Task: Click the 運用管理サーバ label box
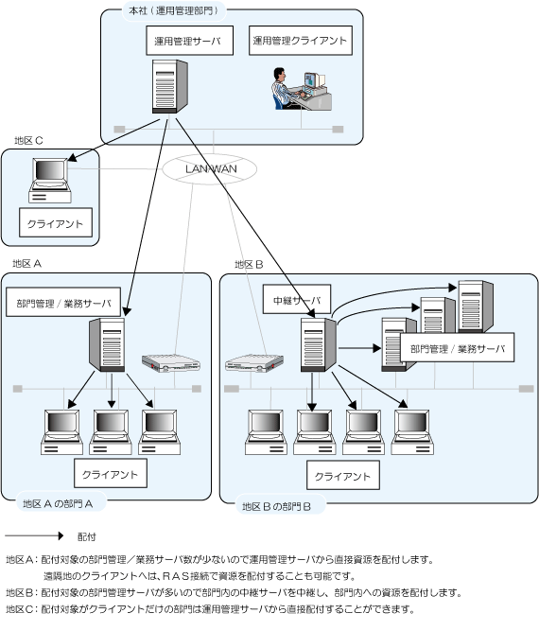click(x=189, y=41)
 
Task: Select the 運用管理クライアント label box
click(x=301, y=41)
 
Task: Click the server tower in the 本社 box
click(x=170, y=86)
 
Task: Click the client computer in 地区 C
click(x=50, y=181)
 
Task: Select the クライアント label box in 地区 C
click(x=56, y=222)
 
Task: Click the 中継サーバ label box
click(x=297, y=299)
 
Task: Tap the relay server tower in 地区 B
click(x=319, y=344)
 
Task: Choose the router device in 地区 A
click(x=171, y=362)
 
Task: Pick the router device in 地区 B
click(x=254, y=362)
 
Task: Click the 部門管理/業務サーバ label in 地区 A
click(x=63, y=302)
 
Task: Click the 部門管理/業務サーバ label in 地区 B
click(x=458, y=347)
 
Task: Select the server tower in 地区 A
click(x=107, y=344)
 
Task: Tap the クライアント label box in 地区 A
click(x=111, y=474)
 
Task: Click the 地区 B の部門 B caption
click(x=276, y=507)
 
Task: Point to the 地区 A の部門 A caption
click(x=58, y=504)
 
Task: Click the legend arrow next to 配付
click(x=34, y=535)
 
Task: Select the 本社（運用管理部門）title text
click(x=173, y=10)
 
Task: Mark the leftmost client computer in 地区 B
click(x=266, y=432)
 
